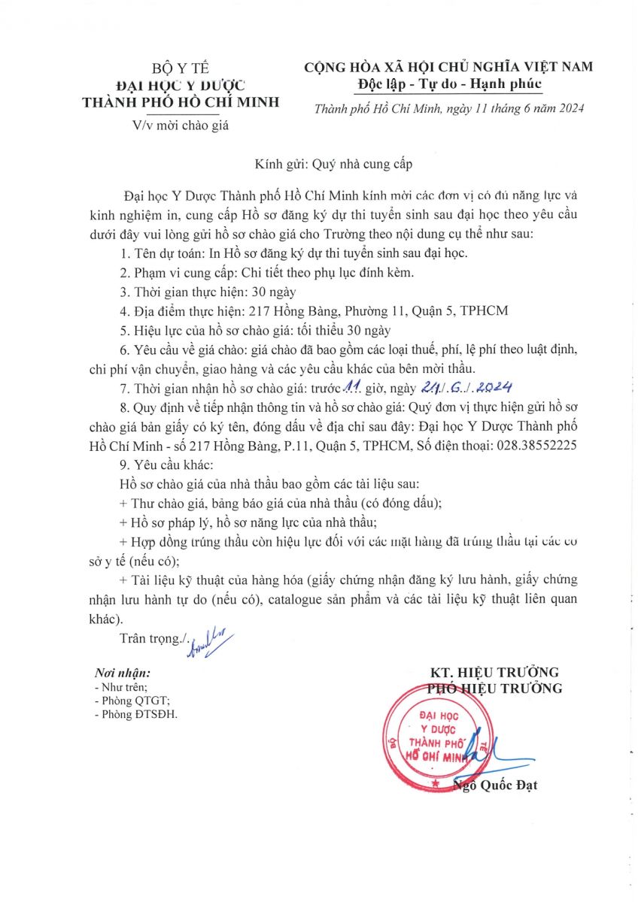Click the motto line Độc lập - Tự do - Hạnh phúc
pos(448,83)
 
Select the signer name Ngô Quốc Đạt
pos(497,786)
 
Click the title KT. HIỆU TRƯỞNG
pos(494,672)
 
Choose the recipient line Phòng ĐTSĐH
pos(135,714)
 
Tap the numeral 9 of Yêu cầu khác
pos(124,464)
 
